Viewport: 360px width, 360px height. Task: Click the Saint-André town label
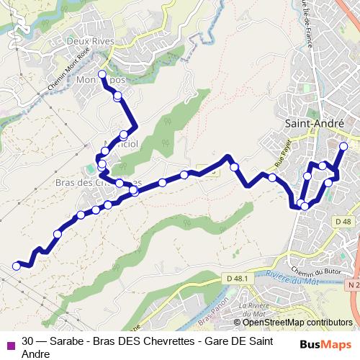[x=315, y=123]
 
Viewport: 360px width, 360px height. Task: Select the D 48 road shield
[x=343, y=222]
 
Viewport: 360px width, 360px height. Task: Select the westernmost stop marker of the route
[x=17, y=266]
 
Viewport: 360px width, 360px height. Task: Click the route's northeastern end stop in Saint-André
[x=343, y=146]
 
